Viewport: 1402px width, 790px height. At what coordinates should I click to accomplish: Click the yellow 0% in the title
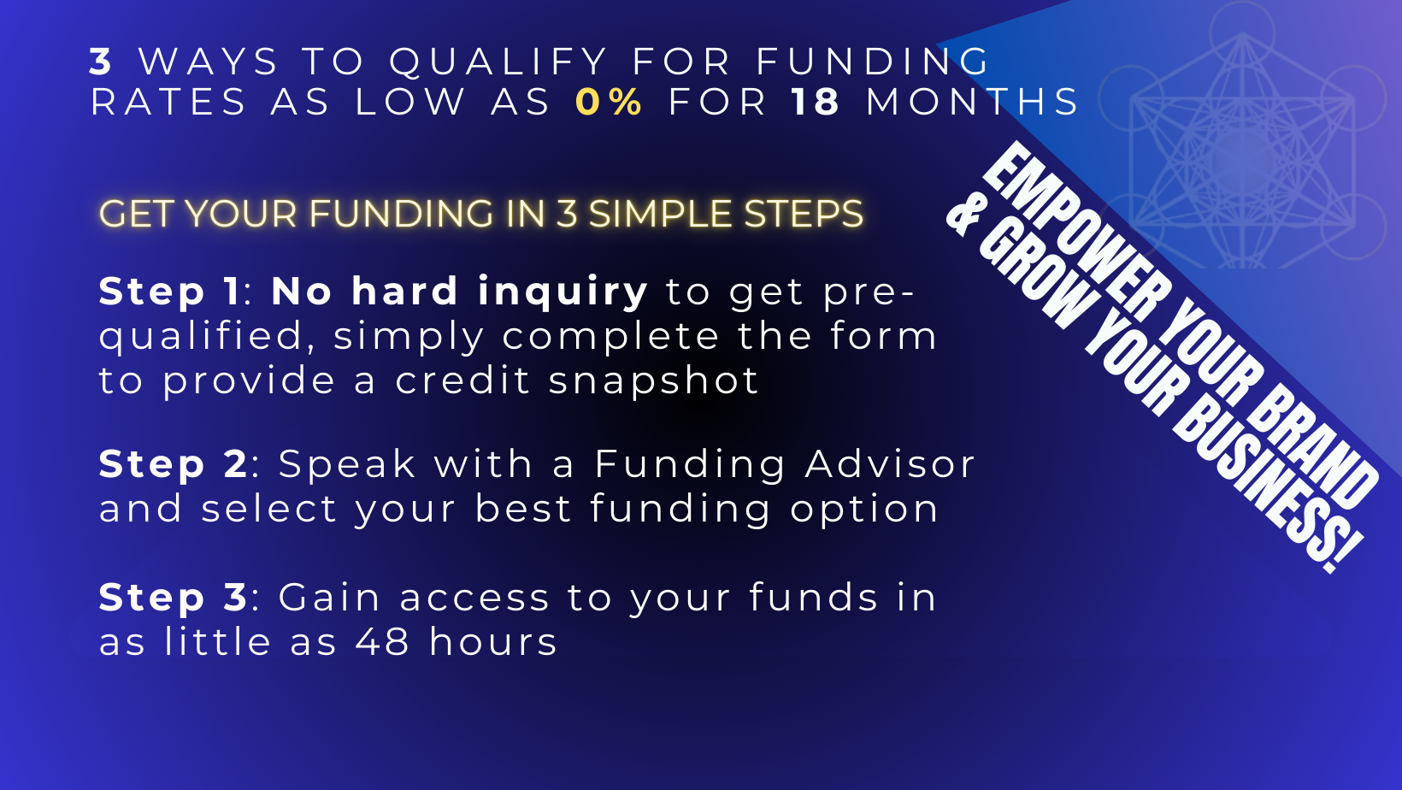pos(609,102)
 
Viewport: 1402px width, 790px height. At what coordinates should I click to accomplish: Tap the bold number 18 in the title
pos(815,102)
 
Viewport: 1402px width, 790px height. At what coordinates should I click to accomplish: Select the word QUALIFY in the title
pos(498,62)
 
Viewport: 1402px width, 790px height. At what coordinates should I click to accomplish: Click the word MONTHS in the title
pos(972,102)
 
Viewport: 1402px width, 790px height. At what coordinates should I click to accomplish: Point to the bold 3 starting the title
pos(100,62)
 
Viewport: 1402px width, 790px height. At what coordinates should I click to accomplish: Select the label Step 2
pos(174,465)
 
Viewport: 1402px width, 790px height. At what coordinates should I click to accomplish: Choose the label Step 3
pos(174,598)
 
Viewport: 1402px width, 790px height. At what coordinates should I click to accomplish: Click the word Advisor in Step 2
pos(890,464)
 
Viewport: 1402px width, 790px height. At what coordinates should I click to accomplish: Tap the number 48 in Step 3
pos(382,642)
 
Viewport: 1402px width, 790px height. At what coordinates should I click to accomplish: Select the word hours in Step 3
pos(492,641)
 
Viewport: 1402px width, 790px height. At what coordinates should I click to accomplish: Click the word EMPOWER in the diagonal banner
pos(1076,233)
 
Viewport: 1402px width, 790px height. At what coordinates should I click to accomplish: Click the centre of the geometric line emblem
pos(1242,160)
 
